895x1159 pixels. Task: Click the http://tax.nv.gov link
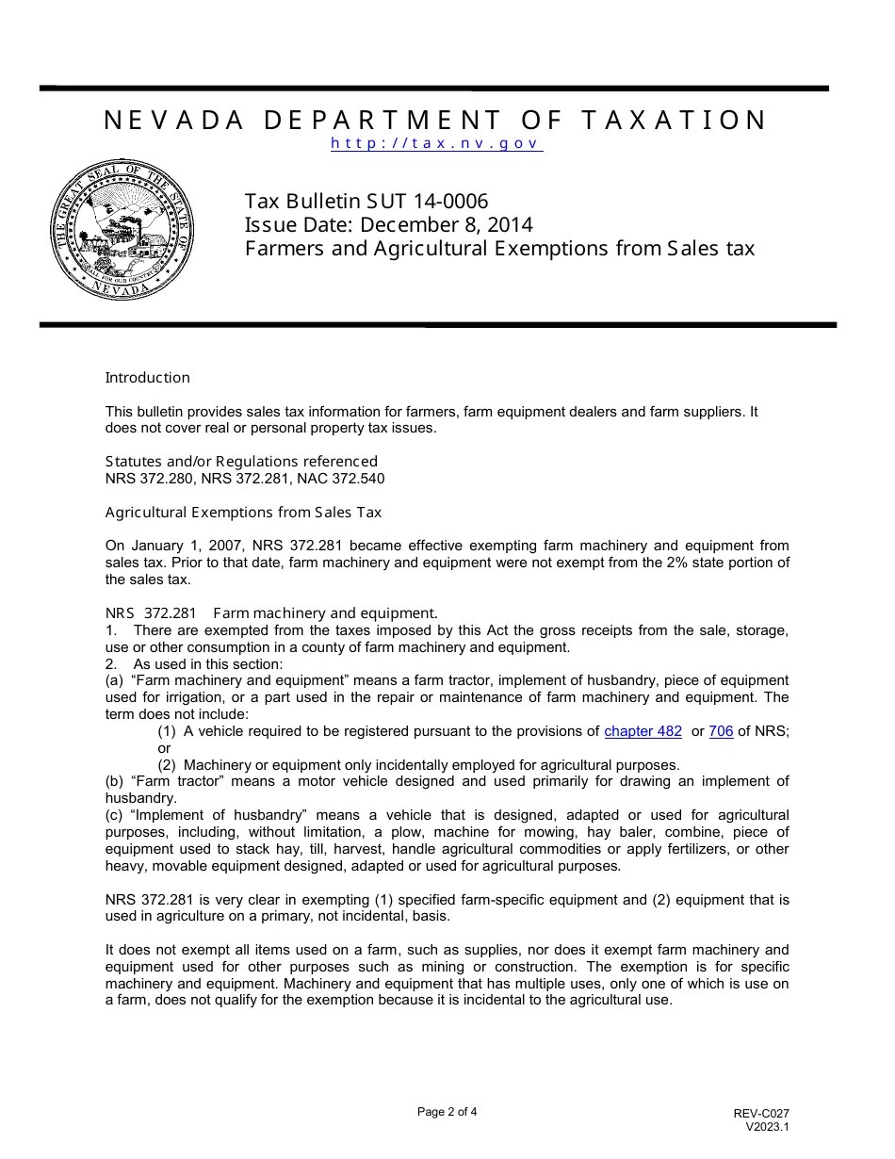tap(436, 144)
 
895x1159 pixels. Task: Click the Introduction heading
tap(147, 378)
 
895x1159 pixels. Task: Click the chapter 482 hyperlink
tap(643, 731)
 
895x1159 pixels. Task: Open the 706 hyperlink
tap(721, 731)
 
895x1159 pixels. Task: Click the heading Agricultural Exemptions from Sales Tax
tap(243, 513)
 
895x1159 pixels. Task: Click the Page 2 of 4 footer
tap(447, 1112)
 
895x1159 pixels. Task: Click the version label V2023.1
tap(767, 1126)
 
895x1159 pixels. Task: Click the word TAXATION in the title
tap(675, 121)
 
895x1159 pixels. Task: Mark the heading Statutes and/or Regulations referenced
tap(241, 462)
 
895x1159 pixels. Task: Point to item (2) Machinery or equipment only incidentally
tap(418, 765)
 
